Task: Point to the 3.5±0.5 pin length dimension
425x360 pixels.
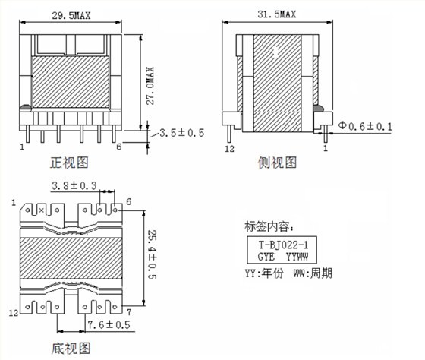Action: click(x=182, y=133)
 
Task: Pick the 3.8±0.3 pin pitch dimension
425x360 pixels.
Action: click(x=74, y=185)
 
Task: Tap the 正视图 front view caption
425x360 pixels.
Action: click(x=70, y=162)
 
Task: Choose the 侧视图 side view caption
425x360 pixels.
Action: click(x=278, y=162)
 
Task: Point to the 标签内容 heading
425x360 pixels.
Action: click(x=269, y=226)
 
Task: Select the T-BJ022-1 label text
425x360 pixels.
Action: click(x=283, y=245)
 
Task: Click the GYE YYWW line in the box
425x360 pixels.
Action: click(x=283, y=257)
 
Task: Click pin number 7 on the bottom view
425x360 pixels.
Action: click(x=130, y=312)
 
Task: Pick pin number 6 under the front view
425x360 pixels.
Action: click(x=119, y=147)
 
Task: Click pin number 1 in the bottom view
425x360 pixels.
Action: click(x=14, y=201)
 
